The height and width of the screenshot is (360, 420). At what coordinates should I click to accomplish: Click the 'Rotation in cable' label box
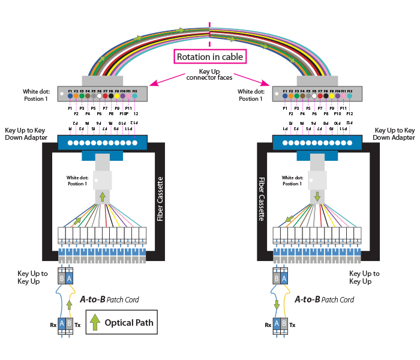click(209, 57)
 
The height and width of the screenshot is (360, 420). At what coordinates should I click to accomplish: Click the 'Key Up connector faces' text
click(209, 74)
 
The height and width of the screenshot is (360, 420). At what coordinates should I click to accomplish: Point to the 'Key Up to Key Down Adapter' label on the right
click(394, 134)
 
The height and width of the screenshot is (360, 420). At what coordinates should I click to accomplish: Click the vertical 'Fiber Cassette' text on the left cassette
click(160, 199)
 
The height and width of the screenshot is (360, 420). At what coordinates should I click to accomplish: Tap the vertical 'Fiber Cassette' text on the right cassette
click(262, 199)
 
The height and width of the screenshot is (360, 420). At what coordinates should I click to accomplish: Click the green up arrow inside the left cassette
click(102, 196)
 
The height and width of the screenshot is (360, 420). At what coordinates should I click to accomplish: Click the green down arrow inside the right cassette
click(316, 196)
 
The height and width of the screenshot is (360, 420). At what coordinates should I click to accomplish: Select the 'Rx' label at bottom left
click(52, 325)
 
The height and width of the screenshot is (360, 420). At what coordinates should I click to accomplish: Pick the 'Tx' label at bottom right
click(292, 325)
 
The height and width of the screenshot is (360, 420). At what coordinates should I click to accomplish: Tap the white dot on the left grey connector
click(62, 95)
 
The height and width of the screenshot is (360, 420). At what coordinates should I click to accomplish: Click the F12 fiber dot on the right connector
click(349, 95)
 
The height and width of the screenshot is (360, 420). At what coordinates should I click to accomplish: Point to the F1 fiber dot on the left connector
click(70, 95)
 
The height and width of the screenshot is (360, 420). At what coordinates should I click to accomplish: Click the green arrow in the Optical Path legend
click(95, 323)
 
